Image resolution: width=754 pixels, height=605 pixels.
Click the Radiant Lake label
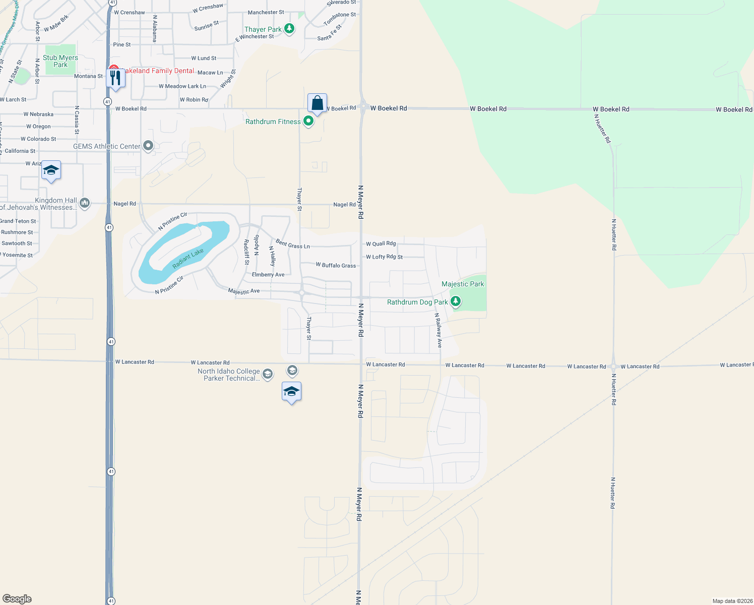pyautogui.click(x=188, y=258)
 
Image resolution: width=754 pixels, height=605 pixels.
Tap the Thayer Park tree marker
pyautogui.click(x=289, y=28)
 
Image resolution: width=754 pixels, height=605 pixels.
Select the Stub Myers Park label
pyautogui.click(x=60, y=61)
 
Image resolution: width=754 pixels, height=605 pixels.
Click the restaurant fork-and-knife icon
pyautogui.click(x=116, y=78)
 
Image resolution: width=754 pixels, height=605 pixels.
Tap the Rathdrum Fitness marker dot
pyautogui.click(x=308, y=121)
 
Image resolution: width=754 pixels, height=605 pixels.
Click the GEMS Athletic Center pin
pyautogui.click(x=148, y=146)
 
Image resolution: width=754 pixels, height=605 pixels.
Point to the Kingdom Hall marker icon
pyautogui.click(x=85, y=203)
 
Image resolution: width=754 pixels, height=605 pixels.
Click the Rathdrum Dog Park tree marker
pyautogui.click(x=456, y=301)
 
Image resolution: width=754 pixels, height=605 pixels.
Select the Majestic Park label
pyautogui.click(x=463, y=284)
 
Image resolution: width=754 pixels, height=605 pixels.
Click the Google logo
pyautogui.click(x=17, y=599)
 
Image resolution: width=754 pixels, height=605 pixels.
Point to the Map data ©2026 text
pyautogui.click(x=732, y=601)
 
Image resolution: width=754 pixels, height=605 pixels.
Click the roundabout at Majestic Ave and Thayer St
pyautogui.click(x=301, y=292)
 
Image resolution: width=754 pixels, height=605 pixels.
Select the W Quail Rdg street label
pyautogui.click(x=381, y=244)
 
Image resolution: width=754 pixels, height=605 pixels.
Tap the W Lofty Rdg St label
pyautogui.click(x=384, y=257)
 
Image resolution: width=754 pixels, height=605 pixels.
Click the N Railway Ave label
pyautogui.click(x=438, y=330)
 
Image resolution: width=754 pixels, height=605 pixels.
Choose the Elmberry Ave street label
pyautogui.click(x=268, y=275)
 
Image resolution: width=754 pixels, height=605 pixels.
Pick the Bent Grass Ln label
pyautogui.click(x=293, y=245)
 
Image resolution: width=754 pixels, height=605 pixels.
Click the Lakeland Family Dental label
pyautogui.click(x=158, y=71)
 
